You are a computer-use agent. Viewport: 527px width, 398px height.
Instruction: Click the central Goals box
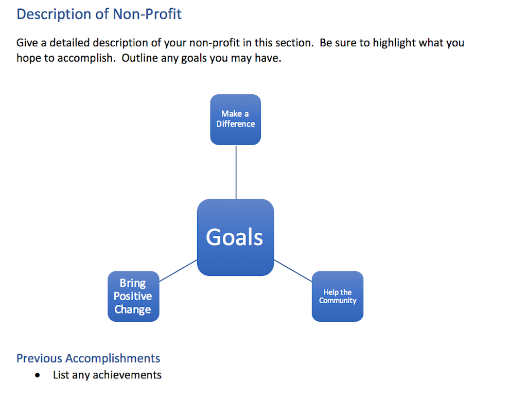click(235, 237)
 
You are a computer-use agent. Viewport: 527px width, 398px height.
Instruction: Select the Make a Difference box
click(235, 119)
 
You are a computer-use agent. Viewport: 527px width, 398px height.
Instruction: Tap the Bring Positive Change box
click(133, 296)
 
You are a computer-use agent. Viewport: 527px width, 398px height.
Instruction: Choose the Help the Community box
click(338, 296)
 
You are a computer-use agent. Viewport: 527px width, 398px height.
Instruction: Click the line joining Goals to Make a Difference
click(236, 172)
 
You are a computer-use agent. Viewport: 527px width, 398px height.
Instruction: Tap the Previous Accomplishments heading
click(88, 358)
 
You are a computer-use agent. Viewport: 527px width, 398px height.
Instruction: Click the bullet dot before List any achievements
click(37, 375)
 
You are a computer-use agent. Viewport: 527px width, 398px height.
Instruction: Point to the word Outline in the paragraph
click(139, 58)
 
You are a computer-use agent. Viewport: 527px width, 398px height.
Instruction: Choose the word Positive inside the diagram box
click(133, 296)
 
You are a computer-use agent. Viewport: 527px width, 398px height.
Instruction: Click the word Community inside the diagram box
click(338, 301)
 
